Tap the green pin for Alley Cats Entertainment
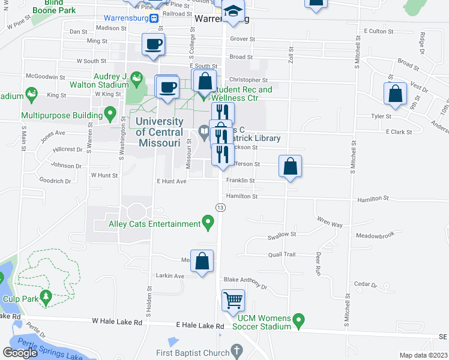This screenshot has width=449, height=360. pyautogui.click(x=208, y=224)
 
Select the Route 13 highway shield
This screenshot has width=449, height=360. pyautogui.click(x=221, y=207)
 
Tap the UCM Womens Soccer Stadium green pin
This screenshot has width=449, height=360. pyautogui.click(x=298, y=322)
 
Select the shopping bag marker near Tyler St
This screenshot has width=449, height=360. pyautogui.click(x=396, y=94)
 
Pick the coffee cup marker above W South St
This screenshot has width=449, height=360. pyautogui.click(x=153, y=44)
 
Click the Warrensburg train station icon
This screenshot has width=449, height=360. pyautogui.click(x=154, y=18)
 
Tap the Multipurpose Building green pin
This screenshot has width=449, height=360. pyautogui.click(x=110, y=113)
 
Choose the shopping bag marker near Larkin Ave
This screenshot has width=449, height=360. pyautogui.click(x=202, y=261)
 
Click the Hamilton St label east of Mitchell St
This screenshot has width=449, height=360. pyautogui.click(x=373, y=199)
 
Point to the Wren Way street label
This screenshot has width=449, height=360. pyautogui.click(x=330, y=224)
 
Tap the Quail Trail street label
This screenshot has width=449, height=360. pyautogui.click(x=282, y=254)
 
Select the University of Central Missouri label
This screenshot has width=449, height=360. pyautogui.click(x=158, y=132)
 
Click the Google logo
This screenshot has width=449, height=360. pyautogui.click(x=20, y=353)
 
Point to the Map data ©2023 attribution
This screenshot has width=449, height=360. pyautogui.click(x=423, y=355)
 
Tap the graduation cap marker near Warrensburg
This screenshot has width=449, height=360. pyautogui.click(x=233, y=11)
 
